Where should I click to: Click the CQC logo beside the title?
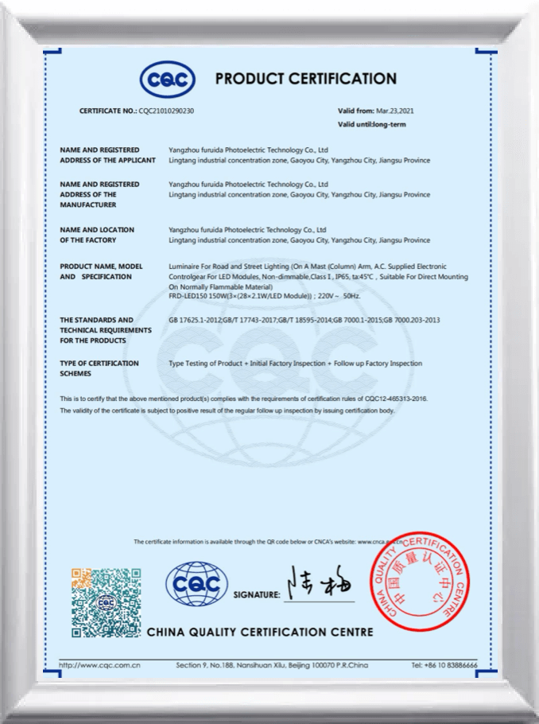coord(167,79)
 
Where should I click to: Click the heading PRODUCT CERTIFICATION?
coord(306,79)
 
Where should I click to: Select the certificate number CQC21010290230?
coord(166,111)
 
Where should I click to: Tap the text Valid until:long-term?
coord(372,125)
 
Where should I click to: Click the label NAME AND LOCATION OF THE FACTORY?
coord(97,235)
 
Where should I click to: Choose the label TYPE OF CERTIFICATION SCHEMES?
coord(99,368)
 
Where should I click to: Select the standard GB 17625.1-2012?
coord(196,320)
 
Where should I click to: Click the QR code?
coord(106,602)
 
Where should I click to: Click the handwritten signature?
coord(321,587)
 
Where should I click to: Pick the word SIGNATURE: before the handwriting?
coord(257,594)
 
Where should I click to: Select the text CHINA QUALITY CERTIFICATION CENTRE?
coord(260,632)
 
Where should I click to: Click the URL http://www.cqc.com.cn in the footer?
coord(100,664)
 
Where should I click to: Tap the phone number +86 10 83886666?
coord(445,664)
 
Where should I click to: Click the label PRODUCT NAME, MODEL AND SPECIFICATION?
coord(101,271)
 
